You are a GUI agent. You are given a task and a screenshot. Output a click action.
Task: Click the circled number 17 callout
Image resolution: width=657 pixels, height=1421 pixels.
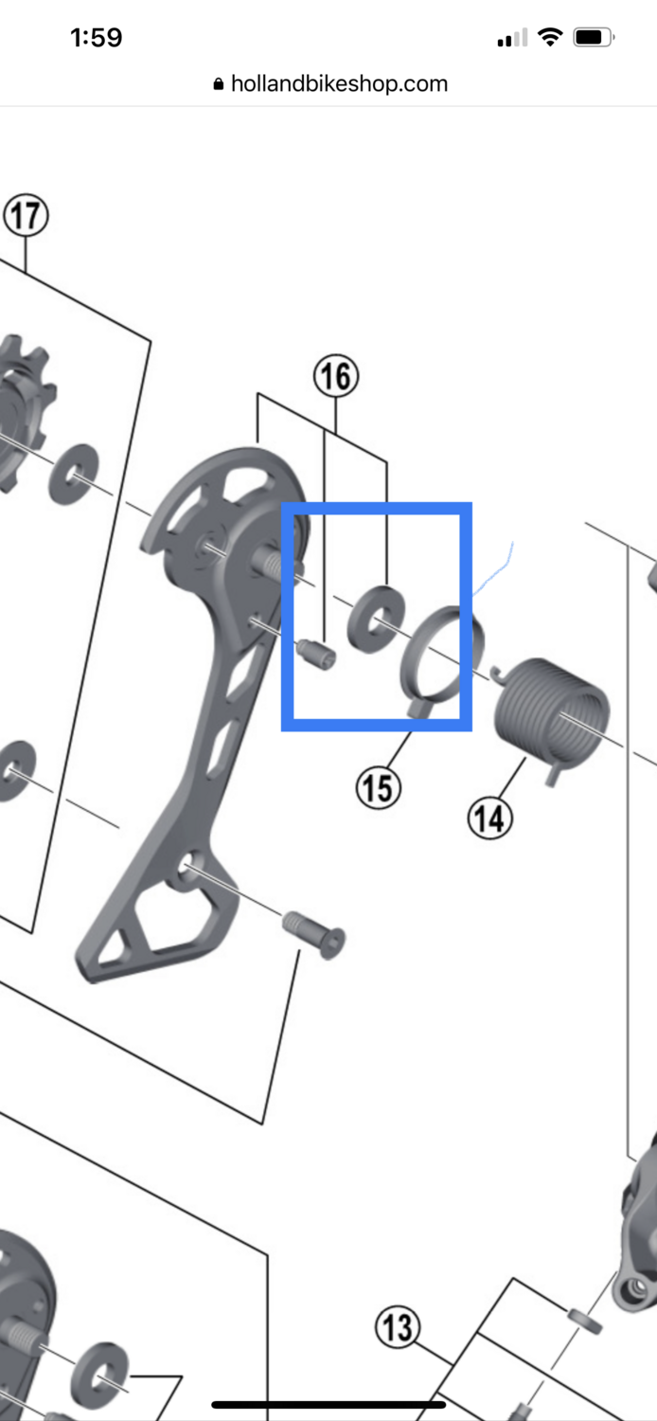point(26,216)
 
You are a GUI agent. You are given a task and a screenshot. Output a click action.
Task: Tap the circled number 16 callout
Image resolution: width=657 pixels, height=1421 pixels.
point(336,375)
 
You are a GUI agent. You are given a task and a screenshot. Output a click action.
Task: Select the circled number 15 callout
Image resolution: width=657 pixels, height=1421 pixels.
point(378,788)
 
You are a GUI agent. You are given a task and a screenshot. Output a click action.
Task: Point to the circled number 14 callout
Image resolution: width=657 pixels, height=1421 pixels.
point(490,818)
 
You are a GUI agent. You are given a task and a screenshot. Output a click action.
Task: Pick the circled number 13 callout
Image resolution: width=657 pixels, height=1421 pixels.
point(398,1326)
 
